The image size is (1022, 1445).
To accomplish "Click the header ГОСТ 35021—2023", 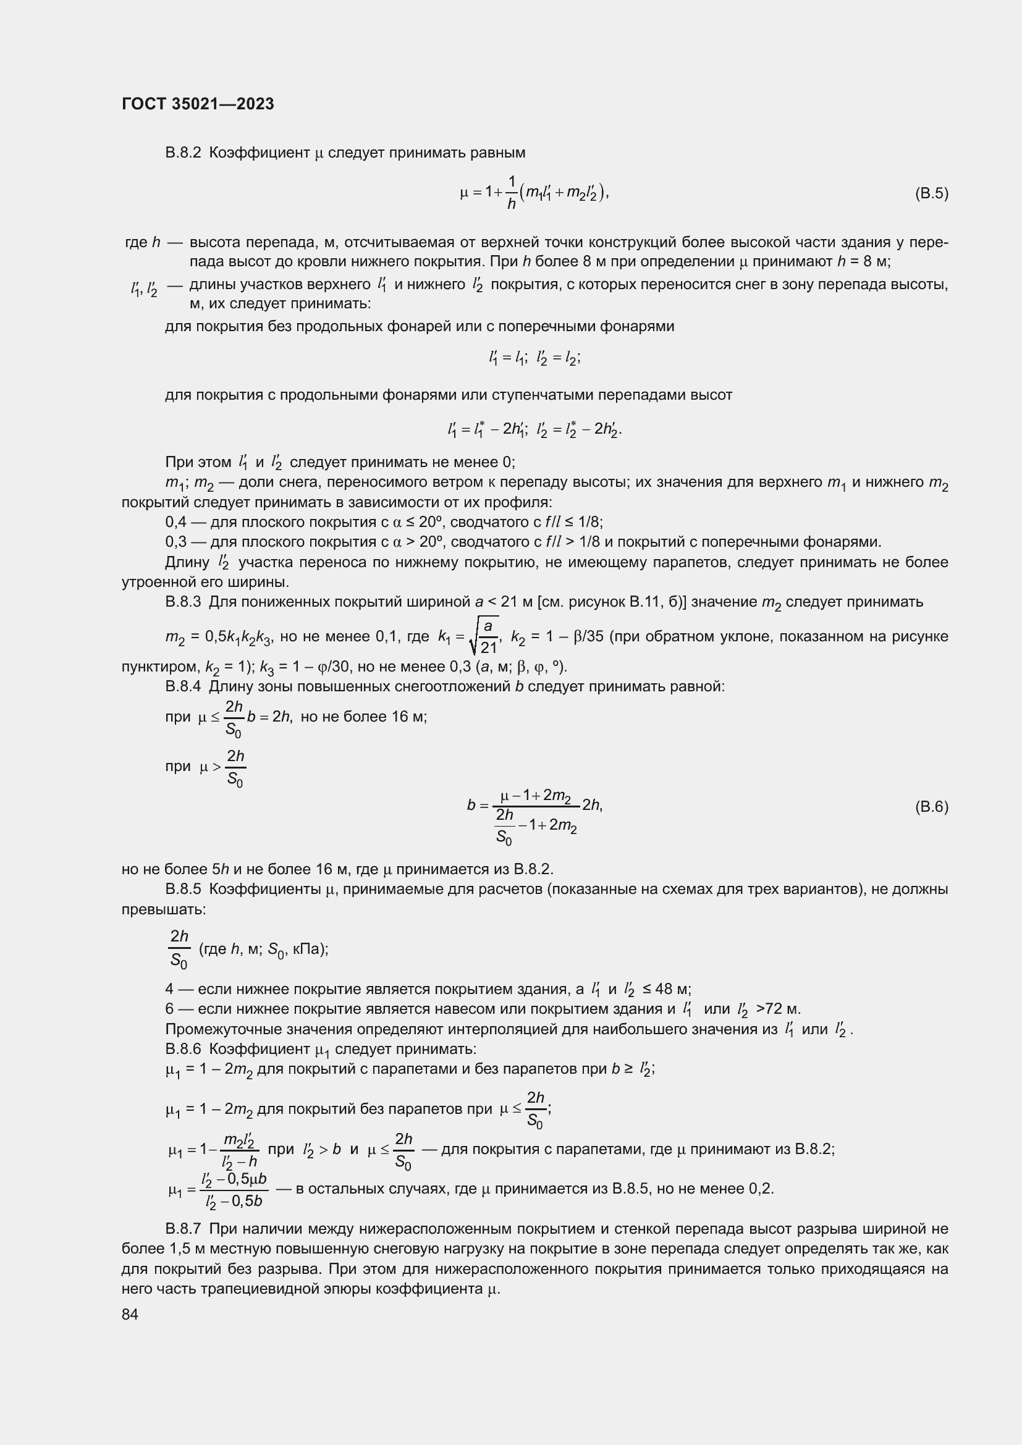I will tap(198, 104).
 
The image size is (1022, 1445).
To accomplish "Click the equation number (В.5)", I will tap(931, 193).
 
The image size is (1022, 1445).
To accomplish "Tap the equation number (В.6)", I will tap(931, 807).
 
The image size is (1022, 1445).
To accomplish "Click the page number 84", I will tap(130, 1314).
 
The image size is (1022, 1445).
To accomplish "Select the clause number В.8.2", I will tap(182, 153).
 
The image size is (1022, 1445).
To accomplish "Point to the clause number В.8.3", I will tap(182, 602).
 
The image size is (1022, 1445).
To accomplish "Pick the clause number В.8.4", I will tap(182, 686).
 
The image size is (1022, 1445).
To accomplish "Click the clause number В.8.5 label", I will tap(182, 889).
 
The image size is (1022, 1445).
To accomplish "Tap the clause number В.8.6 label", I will tap(182, 1049).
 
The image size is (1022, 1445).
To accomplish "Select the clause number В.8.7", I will tap(182, 1229).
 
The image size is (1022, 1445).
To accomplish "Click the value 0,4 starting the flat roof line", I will tap(175, 523).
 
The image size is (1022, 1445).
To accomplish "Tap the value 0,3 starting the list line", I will tap(175, 542).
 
